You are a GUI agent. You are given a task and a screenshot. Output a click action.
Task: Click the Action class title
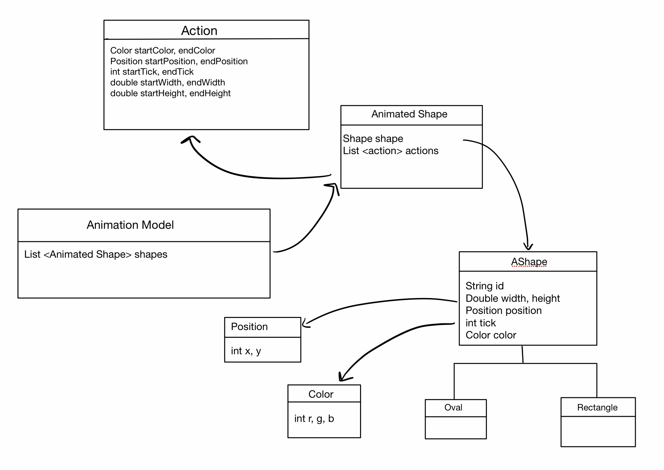199,31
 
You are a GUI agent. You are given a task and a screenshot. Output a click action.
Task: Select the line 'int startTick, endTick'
152,72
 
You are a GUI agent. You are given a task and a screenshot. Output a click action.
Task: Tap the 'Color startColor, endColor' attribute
162,50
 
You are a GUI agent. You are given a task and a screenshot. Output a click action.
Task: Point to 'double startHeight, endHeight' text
170,93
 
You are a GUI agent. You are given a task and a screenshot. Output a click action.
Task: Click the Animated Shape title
409,114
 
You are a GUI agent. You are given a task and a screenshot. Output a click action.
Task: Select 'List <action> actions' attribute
390,151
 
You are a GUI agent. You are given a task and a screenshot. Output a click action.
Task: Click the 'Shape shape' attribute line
373,139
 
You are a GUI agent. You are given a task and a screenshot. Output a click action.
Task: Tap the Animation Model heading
130,225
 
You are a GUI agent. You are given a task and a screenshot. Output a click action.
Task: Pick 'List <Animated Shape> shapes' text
95,254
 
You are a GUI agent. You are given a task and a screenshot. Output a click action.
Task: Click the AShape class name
529,262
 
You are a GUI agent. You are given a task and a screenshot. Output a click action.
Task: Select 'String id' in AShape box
484,286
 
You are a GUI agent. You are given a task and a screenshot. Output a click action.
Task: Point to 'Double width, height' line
512,298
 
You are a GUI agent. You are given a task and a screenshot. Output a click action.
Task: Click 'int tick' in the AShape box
480,323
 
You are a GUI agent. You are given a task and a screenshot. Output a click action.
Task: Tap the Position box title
249,327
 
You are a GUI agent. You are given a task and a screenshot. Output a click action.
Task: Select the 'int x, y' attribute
246,351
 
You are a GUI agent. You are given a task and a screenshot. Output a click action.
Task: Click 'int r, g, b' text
314,419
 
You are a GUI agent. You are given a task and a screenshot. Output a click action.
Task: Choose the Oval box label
453,407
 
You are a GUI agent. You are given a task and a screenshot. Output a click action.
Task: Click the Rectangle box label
597,407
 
